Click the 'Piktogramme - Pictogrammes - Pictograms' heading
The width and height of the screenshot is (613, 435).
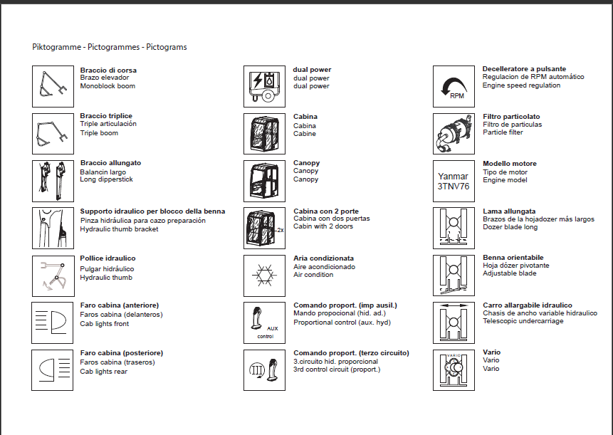click(x=110, y=47)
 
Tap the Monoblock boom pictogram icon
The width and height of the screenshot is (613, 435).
click(x=53, y=86)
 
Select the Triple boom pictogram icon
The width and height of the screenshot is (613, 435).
click(x=53, y=134)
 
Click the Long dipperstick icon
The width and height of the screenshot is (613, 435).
click(x=53, y=181)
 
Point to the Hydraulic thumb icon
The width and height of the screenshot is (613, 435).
click(x=53, y=276)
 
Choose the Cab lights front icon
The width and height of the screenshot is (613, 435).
click(x=53, y=323)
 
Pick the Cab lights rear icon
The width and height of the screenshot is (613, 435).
click(x=53, y=370)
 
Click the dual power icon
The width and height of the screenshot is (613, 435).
click(x=265, y=87)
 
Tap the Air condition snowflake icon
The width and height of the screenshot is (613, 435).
click(x=265, y=276)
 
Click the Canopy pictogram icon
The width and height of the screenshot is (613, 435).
click(x=265, y=181)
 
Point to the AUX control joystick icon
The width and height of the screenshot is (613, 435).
click(x=265, y=323)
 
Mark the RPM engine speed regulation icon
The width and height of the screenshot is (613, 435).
click(x=454, y=87)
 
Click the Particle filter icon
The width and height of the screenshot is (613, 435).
click(x=454, y=134)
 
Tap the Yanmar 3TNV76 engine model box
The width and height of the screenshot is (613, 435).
click(x=454, y=181)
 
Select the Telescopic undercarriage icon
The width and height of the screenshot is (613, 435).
click(x=454, y=323)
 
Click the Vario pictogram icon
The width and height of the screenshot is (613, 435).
click(x=454, y=370)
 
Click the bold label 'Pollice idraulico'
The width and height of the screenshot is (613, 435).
click(x=108, y=258)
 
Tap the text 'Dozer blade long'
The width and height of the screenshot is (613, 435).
click(x=510, y=228)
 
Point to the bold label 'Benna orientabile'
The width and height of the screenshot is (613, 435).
click(x=513, y=258)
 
